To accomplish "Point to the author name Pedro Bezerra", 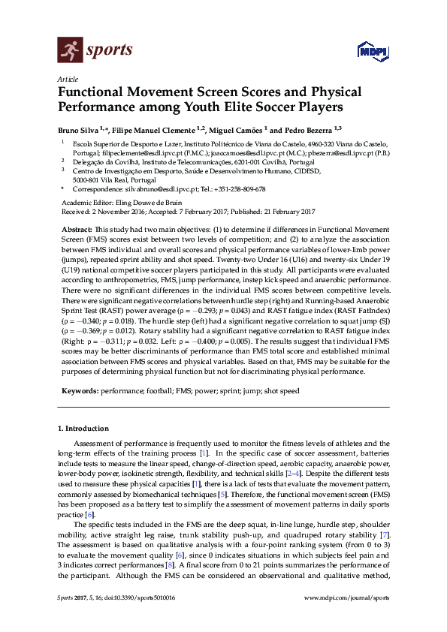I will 307,129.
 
